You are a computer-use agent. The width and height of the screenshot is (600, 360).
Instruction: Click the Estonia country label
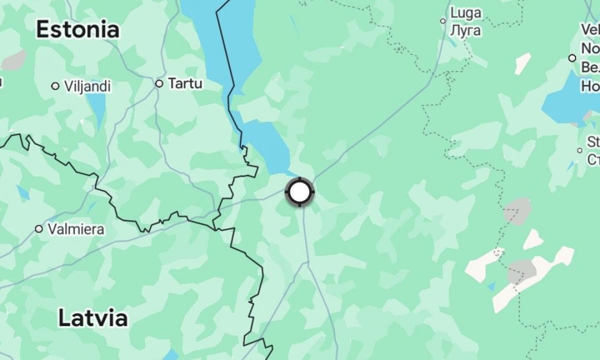[x=77, y=30]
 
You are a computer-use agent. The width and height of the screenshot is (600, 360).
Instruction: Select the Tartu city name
[x=185, y=83]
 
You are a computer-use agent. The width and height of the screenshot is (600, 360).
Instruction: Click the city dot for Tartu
[x=159, y=83]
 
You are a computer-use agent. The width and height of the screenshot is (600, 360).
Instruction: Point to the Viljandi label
[x=87, y=86]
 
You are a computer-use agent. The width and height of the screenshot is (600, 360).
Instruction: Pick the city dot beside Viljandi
[x=55, y=86]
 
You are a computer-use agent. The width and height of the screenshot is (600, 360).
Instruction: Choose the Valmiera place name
[x=76, y=229]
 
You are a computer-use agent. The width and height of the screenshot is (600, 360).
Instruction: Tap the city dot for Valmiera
[x=38, y=229]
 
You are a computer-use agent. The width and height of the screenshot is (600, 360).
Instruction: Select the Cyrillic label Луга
[x=465, y=30]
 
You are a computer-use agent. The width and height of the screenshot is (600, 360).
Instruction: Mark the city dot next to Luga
[x=442, y=21]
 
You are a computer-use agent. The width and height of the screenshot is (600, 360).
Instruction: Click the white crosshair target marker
[x=299, y=191]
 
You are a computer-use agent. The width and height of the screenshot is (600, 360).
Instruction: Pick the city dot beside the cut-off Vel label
[x=572, y=58]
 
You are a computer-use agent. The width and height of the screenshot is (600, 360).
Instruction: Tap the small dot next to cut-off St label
[x=579, y=150]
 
